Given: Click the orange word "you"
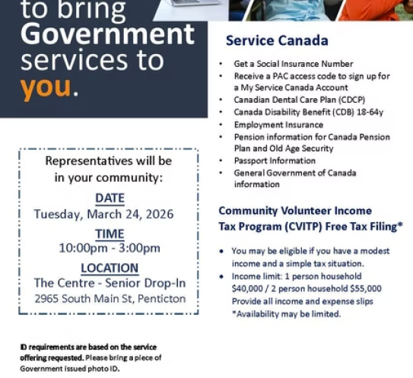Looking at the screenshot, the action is (46, 88).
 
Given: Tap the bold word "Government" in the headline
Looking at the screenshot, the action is (107, 34).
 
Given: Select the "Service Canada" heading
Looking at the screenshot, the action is (277, 40).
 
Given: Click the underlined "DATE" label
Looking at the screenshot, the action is (110, 199).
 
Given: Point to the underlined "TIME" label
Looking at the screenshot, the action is (110, 233).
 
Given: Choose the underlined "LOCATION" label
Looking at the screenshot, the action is (110, 268).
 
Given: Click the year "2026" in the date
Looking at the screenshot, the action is (158, 214).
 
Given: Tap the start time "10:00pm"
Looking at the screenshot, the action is (81, 248).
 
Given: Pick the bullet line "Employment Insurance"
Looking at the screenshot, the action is (278, 125).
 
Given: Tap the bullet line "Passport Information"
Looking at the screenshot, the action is (275, 161).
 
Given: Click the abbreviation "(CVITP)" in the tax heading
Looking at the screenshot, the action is (302, 226).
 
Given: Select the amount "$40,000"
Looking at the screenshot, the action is (248, 289).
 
